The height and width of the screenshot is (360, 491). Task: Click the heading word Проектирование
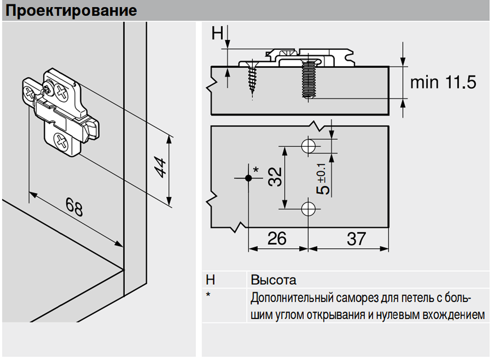[71, 11]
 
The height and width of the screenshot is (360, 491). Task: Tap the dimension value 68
[74, 207]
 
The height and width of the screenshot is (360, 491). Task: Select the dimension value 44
[160, 167]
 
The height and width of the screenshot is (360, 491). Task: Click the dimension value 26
[277, 238]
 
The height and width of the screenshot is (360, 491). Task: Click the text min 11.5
[443, 82]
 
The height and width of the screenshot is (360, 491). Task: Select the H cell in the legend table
[210, 280]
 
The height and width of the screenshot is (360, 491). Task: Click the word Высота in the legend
[273, 280]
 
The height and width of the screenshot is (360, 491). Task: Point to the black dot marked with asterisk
[248, 178]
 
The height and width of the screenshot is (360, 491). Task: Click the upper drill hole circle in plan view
[308, 146]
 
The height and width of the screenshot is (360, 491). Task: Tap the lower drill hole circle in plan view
[308, 208]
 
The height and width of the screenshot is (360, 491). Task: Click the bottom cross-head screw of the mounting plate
[61, 142]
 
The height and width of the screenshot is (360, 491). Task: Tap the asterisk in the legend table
[208, 295]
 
